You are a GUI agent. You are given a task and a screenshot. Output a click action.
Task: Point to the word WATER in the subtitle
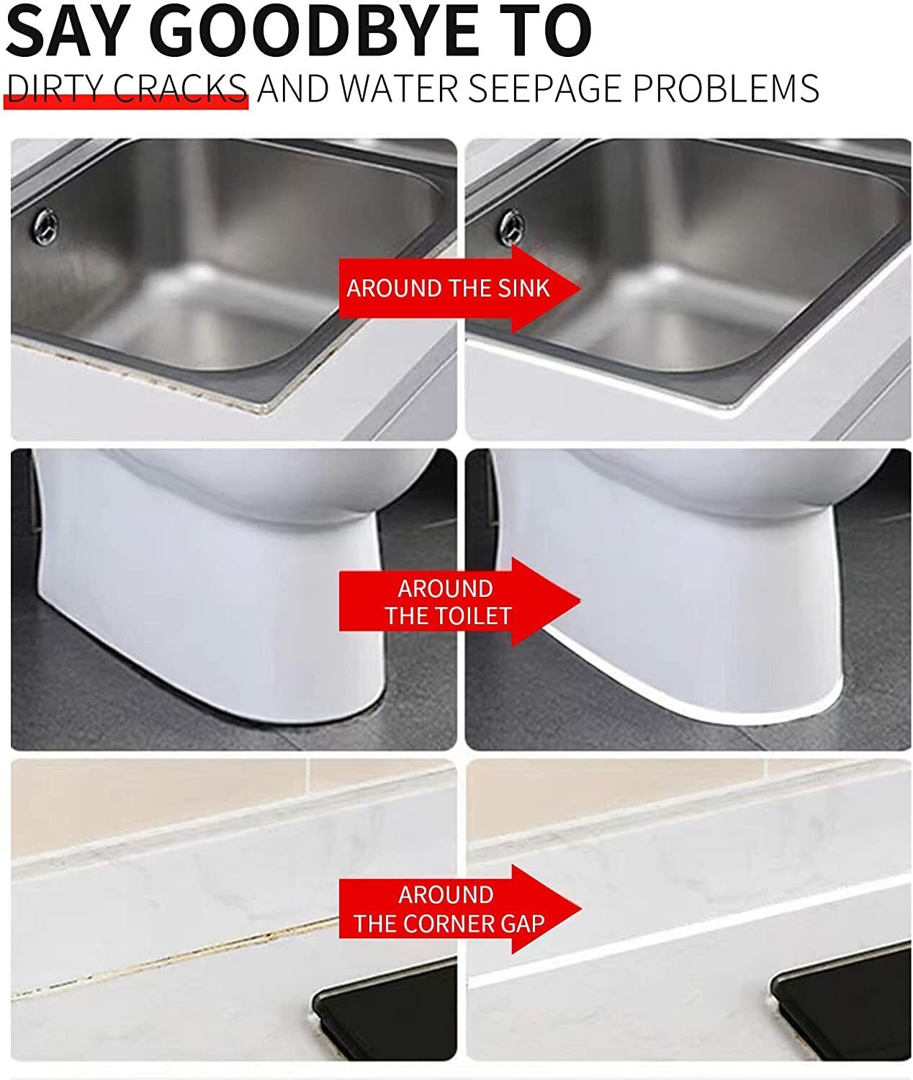tap(399, 89)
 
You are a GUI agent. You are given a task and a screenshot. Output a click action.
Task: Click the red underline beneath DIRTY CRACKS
tap(126, 103)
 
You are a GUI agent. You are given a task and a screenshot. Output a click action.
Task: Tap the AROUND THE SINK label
tap(448, 289)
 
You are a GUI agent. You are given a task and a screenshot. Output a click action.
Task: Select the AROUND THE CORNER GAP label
tap(448, 909)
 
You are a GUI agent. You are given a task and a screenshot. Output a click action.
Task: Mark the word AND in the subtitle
tap(293, 89)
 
